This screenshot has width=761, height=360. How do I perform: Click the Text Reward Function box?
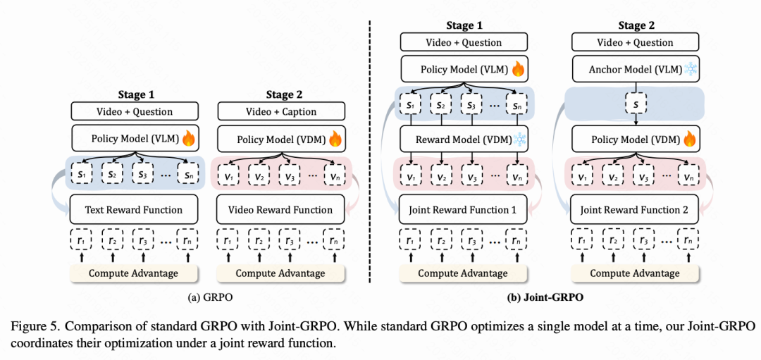[x=134, y=210]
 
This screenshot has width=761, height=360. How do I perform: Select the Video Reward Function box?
[x=280, y=210]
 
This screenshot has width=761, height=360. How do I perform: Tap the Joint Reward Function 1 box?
[x=463, y=210]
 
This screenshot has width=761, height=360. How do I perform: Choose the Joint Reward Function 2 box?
[x=635, y=210]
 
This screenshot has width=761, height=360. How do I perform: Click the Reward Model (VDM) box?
[x=463, y=139]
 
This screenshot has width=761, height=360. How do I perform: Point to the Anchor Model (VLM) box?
[x=635, y=70]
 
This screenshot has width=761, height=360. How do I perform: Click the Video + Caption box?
[x=280, y=111]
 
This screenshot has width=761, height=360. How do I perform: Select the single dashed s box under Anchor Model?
[x=636, y=104]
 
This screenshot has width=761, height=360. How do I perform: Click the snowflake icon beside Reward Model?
[x=520, y=139]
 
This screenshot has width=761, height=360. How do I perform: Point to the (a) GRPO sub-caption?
[x=210, y=297]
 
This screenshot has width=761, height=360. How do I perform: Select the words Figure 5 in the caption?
[x=30, y=327]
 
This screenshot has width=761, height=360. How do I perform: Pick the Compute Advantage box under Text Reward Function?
[x=133, y=273]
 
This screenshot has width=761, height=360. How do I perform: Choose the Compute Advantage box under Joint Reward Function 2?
[x=635, y=273]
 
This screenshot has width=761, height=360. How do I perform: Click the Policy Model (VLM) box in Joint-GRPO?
[x=463, y=70]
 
